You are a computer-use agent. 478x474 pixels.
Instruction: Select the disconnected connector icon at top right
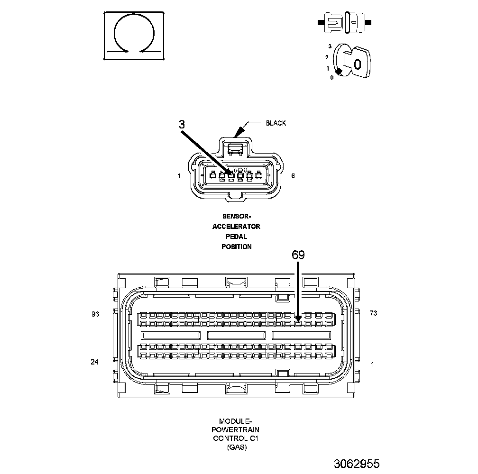tap(345, 22)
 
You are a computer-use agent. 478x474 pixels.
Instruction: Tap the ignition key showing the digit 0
tap(357, 62)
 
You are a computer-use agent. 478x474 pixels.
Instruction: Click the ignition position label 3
tap(330, 46)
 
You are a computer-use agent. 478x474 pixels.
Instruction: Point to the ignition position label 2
tap(327, 57)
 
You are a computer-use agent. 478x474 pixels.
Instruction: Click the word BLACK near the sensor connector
tap(276, 123)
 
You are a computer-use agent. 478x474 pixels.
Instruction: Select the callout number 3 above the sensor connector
tap(182, 124)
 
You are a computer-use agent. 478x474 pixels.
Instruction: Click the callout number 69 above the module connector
tap(298, 255)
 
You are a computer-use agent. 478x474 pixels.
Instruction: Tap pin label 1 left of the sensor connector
tap(179, 176)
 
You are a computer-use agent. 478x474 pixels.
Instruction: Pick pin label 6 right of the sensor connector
tap(293, 176)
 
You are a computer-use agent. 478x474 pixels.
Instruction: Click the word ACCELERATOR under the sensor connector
tap(236, 227)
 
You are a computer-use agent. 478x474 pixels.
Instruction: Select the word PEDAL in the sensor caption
tap(236, 237)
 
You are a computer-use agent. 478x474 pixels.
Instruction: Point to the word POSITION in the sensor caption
tap(236, 246)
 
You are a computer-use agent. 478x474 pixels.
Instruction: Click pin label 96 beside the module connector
tap(95, 314)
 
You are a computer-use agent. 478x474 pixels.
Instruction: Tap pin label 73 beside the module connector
tap(373, 314)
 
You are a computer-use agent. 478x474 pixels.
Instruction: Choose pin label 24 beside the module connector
tap(94, 362)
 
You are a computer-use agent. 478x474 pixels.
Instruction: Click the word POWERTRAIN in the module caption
tap(236, 429)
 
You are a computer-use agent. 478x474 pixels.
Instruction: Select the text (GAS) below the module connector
tap(236, 447)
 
